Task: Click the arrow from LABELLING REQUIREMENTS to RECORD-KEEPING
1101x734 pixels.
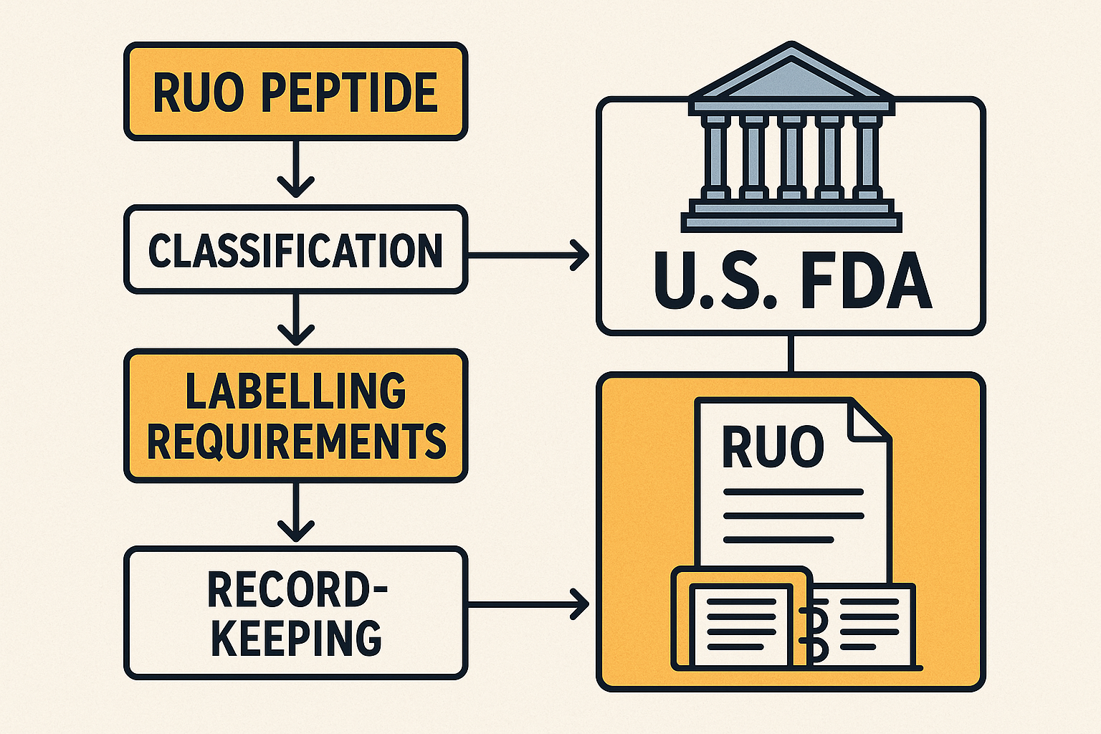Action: click(x=295, y=513)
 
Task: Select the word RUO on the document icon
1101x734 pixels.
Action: click(x=772, y=446)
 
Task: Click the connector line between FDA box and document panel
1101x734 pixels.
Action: click(x=791, y=353)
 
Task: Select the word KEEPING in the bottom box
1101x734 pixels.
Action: click(x=297, y=637)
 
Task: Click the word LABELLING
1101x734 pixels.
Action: click(x=296, y=391)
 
